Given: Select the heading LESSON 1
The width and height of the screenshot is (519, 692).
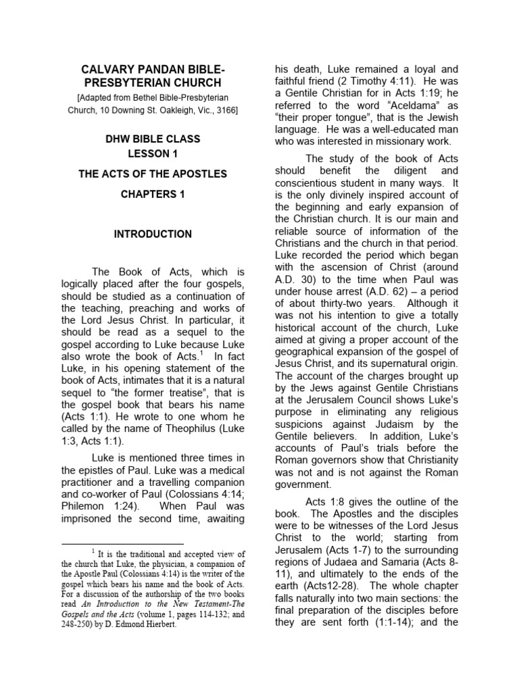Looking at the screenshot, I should [152, 153].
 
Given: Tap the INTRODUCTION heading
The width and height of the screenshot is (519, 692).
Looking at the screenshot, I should [152, 234].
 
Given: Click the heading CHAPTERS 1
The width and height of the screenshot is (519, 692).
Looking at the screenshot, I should [152, 195].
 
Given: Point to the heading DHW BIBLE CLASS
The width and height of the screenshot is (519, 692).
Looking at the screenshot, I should [152, 139].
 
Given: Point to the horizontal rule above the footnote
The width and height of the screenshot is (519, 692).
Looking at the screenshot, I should [122, 543].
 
